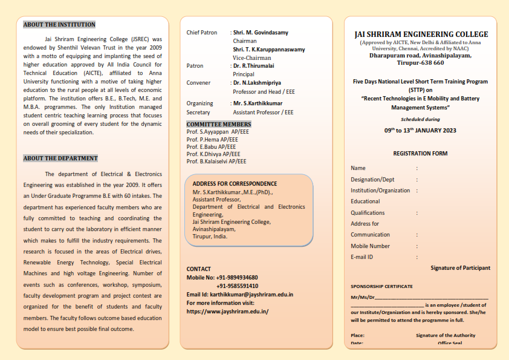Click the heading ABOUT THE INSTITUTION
pyautogui.click(x=59, y=25)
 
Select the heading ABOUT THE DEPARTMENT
pyautogui.click(x=60, y=159)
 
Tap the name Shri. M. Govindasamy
pyautogui.click(x=261, y=32)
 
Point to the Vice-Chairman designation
pyautogui.click(x=252, y=58)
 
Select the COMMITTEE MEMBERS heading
pyautogui.click(x=218, y=125)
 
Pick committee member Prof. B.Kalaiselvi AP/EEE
pyautogui.click(x=216, y=162)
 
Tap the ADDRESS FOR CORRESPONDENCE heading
pyautogui.click(x=235, y=184)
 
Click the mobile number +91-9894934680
pyautogui.click(x=237, y=278)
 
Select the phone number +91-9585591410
pyautogui.click(x=237, y=286)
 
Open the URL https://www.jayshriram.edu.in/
pyautogui.click(x=227, y=312)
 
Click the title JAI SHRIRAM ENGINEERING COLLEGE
pyautogui.click(x=421, y=34)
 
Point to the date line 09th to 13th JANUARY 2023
pyautogui.click(x=420, y=130)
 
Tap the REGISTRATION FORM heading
pyautogui.click(x=420, y=154)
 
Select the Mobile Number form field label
pyautogui.click(x=370, y=246)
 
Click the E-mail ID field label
pyautogui.click(x=361, y=257)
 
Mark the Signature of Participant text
pyautogui.click(x=460, y=268)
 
